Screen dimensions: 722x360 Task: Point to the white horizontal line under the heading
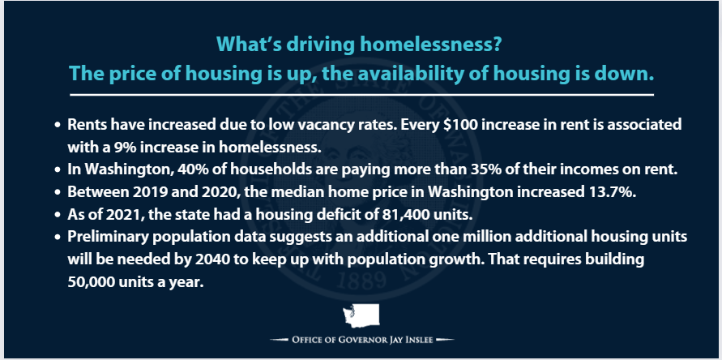(362, 95)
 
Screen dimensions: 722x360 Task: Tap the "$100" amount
(461, 126)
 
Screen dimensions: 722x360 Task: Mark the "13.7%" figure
(617, 191)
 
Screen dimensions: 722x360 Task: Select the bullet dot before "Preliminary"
(58, 238)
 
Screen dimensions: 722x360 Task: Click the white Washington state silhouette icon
(361, 315)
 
